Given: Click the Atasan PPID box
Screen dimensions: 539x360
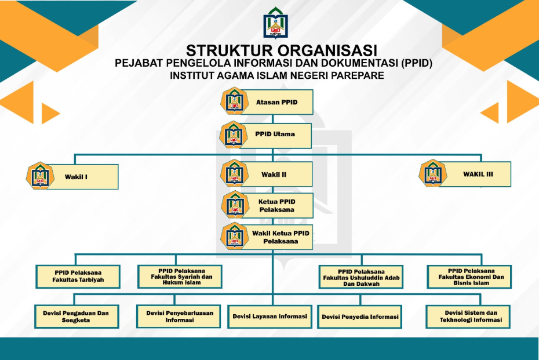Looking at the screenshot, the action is click(x=276, y=102).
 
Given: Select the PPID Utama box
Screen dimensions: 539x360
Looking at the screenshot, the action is click(x=275, y=134).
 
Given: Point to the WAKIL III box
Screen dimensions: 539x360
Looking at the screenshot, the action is click(x=475, y=174).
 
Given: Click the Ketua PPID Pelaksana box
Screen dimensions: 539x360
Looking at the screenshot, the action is click(x=277, y=206).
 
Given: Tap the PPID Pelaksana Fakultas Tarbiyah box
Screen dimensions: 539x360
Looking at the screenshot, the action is click(x=78, y=277).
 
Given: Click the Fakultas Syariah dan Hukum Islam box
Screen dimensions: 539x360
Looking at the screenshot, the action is click(x=180, y=277).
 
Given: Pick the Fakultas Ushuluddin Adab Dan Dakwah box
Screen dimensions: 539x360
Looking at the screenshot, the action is click(x=361, y=277).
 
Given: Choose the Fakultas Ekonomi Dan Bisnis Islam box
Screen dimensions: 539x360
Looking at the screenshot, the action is click(x=469, y=277).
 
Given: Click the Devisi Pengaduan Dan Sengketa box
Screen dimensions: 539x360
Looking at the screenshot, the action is click(x=77, y=317).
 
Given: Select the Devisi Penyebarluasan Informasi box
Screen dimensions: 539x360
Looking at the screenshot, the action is click(x=179, y=317).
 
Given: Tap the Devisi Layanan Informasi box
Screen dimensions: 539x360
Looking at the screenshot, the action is click(x=270, y=317).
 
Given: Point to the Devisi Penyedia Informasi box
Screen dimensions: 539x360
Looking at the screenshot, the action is click(x=359, y=317).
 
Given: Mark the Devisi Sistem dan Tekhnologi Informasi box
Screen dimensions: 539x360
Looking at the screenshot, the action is click(x=468, y=317).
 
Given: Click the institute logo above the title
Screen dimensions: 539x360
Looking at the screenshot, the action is click(x=276, y=23).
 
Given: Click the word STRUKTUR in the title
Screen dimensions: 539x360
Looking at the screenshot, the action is click(x=229, y=50).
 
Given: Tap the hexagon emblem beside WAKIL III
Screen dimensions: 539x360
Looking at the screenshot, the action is click(x=433, y=173).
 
